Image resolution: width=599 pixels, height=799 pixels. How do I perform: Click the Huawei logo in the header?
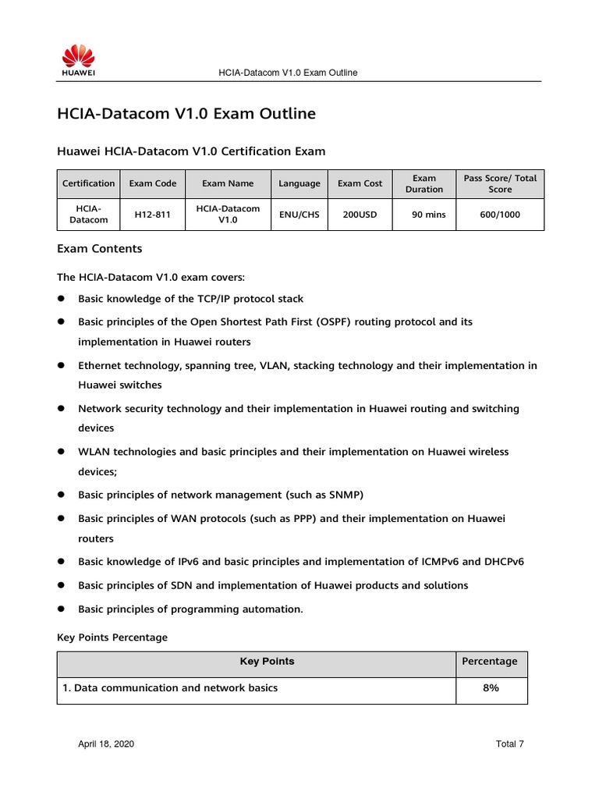click(x=78, y=60)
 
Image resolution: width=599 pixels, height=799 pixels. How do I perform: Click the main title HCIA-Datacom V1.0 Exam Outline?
click(x=186, y=114)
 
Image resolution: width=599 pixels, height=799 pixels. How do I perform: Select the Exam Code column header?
click(x=153, y=183)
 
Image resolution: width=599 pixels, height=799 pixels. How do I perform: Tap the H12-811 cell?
click(x=153, y=215)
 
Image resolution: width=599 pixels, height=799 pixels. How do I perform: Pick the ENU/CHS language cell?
click(x=299, y=215)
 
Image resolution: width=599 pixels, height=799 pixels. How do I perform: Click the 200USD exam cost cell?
click(x=360, y=215)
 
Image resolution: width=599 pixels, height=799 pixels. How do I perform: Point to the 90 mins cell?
click(x=428, y=215)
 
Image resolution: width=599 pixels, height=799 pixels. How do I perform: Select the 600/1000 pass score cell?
click(x=500, y=215)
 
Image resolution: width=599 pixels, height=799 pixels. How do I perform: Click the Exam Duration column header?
click(x=424, y=183)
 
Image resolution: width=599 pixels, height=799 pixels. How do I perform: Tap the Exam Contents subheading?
click(x=100, y=249)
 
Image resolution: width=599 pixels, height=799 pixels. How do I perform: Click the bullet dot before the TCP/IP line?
click(x=61, y=300)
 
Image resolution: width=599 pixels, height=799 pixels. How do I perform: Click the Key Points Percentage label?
click(x=112, y=637)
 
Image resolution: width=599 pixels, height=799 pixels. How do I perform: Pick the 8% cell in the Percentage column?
click(x=491, y=688)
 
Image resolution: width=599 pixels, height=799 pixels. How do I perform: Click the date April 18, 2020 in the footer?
click(x=106, y=744)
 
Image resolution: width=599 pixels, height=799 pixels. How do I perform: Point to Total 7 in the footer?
click(x=509, y=744)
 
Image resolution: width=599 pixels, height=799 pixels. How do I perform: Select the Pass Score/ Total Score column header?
click(x=500, y=183)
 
